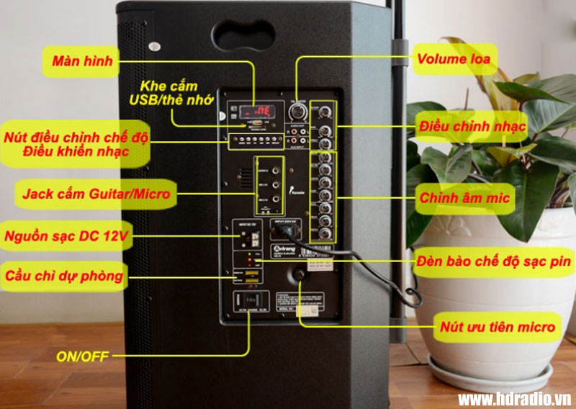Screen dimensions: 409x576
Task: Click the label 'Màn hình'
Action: pyautogui.click(x=82, y=61)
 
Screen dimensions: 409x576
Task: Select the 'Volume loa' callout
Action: pyautogui.click(x=454, y=59)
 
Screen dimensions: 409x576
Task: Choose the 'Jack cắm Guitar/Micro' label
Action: pyautogui.click(x=96, y=194)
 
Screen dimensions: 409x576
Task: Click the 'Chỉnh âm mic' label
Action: pyautogui.click(x=464, y=197)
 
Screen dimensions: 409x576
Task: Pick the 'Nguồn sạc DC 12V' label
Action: pyautogui.click(x=66, y=235)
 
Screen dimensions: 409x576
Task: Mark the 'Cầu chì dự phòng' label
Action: pyautogui.click(x=63, y=275)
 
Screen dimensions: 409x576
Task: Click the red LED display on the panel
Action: pyautogui.click(x=257, y=112)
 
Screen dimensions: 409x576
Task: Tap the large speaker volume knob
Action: pyautogui.click(x=297, y=112)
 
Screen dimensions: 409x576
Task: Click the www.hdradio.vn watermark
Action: pyautogui.click(x=515, y=398)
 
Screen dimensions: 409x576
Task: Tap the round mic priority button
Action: pyautogui.click(x=297, y=274)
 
